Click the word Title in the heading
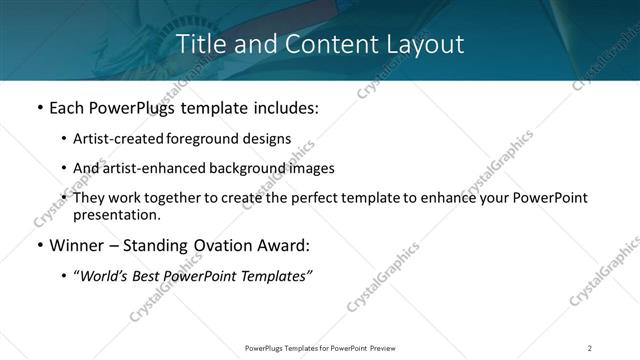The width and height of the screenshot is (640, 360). pos(200,45)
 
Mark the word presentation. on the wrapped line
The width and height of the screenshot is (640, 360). pos(116,214)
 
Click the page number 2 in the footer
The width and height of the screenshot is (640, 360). pos(590,348)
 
